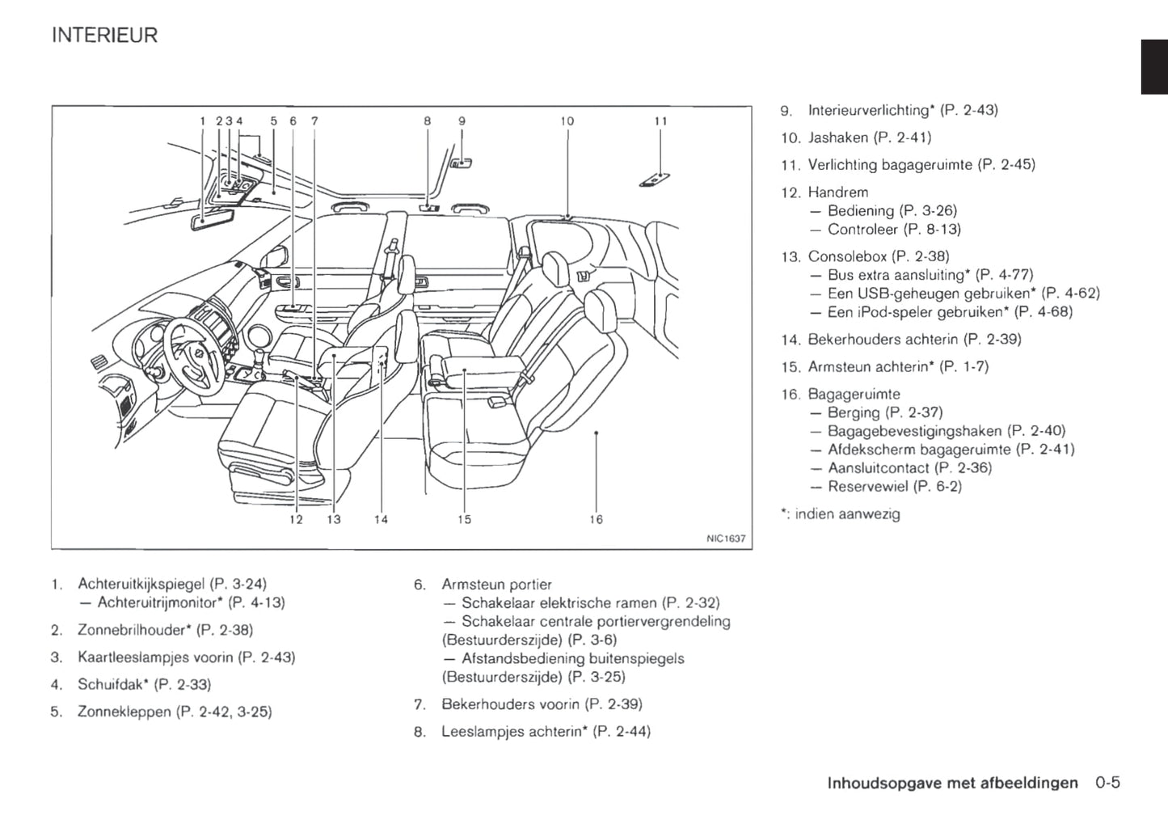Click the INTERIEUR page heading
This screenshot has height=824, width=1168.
(x=105, y=36)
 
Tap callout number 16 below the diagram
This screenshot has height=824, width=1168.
(x=596, y=519)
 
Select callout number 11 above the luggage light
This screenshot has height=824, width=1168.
(x=660, y=121)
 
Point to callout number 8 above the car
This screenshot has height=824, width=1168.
(x=427, y=121)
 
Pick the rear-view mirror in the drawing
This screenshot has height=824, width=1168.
(x=206, y=220)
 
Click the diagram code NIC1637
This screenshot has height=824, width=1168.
(x=726, y=539)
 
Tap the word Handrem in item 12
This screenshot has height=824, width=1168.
(x=838, y=192)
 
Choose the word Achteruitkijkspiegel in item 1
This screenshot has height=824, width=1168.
(x=141, y=584)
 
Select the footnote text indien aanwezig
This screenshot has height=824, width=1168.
(x=847, y=514)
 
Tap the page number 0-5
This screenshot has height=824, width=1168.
(x=1107, y=783)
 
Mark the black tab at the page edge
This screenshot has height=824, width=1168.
(x=1154, y=67)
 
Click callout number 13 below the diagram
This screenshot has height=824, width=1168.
(x=334, y=519)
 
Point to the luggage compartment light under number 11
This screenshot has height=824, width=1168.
(x=655, y=180)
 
